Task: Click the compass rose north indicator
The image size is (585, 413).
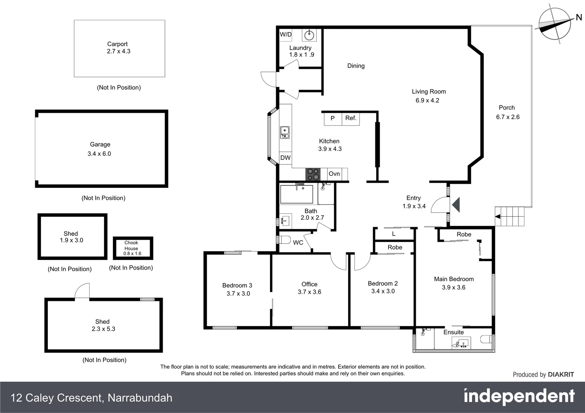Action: tap(555, 24)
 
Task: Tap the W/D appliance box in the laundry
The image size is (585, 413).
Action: tap(286, 34)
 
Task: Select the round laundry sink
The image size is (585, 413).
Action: tap(309, 36)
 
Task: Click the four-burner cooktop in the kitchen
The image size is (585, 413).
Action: tap(313, 174)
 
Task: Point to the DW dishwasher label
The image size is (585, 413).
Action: tap(285, 158)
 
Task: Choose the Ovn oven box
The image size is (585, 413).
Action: tap(334, 174)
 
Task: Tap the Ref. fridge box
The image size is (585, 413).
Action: tap(351, 118)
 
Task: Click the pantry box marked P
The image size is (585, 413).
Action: tap(332, 118)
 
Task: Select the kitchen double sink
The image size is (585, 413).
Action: tap(284, 132)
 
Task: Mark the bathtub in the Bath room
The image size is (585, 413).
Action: tap(296, 194)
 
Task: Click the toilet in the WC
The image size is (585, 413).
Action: tap(283, 240)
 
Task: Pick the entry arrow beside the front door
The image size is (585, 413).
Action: tap(456, 205)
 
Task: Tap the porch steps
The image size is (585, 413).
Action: tap(510, 216)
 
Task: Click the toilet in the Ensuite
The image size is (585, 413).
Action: tap(487, 339)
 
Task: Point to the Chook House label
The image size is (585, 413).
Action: tap(131, 246)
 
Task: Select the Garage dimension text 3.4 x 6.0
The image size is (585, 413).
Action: tap(99, 154)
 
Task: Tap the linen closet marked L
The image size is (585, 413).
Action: tap(394, 234)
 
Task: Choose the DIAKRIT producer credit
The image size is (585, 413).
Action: tap(561, 375)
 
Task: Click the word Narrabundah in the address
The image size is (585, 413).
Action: tap(140, 398)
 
